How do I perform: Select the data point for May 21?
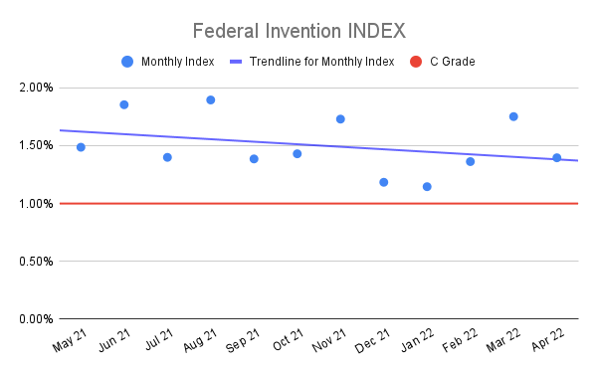click(81, 147)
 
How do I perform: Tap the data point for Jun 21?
click(124, 104)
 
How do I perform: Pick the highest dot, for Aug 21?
click(211, 99)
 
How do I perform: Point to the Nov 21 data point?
click(340, 119)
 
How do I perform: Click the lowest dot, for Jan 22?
click(427, 186)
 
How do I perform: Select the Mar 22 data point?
click(513, 116)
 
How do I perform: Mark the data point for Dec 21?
click(384, 182)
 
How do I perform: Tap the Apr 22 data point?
click(556, 157)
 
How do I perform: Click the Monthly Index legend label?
click(178, 62)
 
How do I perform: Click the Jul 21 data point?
click(167, 157)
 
